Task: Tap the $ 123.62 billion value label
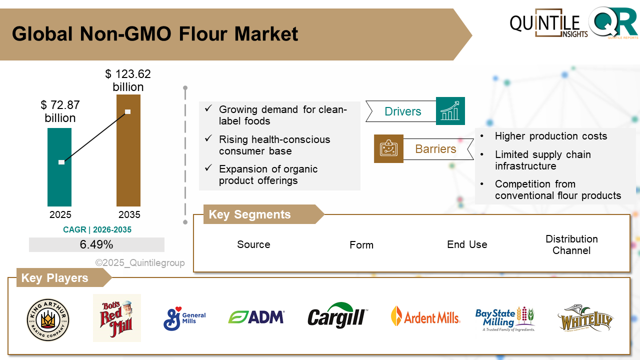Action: click(x=128, y=80)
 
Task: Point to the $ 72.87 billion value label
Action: click(x=60, y=111)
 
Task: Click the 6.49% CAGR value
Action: click(x=96, y=244)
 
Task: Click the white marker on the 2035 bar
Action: click(x=128, y=111)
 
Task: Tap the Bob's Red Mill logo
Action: click(x=117, y=318)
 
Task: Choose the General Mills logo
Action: click(x=184, y=318)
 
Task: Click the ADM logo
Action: click(x=256, y=317)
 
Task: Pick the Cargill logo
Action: click(x=337, y=316)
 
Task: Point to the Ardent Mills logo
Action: click(x=425, y=317)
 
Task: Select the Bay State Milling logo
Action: click(x=504, y=318)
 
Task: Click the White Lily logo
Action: click(x=585, y=318)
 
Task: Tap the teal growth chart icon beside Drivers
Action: click(x=450, y=111)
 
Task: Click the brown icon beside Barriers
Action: click(x=388, y=148)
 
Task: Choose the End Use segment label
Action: click(x=467, y=244)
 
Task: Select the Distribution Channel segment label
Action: click(x=571, y=244)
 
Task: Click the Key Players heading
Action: click(x=54, y=278)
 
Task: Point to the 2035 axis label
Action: click(x=129, y=215)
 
